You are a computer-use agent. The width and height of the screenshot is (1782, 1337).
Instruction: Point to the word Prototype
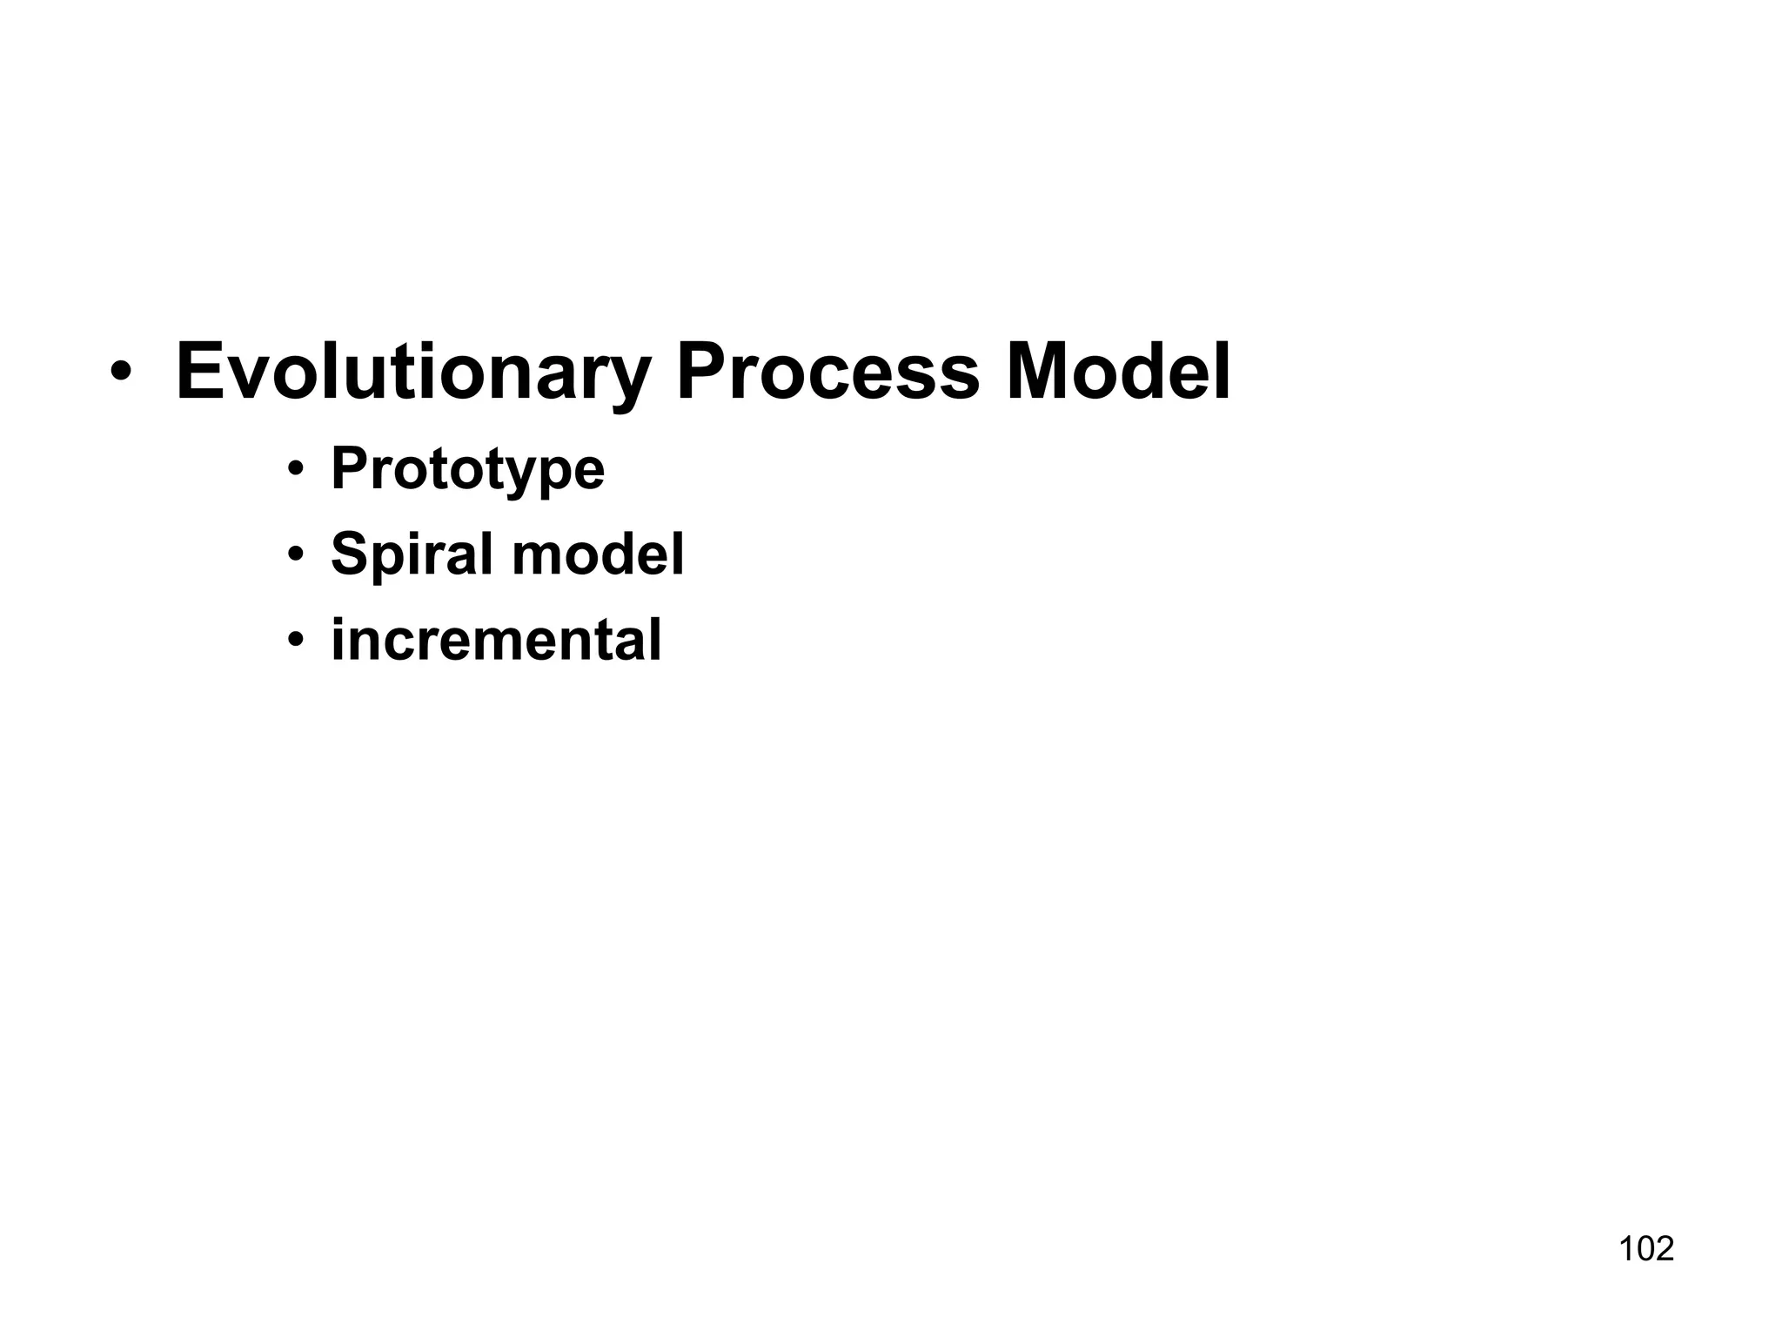coord(467,470)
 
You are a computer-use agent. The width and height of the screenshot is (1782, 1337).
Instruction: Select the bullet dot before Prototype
coord(296,470)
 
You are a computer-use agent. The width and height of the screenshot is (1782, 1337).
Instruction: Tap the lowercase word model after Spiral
coord(598,554)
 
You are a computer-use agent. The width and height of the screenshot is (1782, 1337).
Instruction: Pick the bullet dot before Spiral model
coord(296,554)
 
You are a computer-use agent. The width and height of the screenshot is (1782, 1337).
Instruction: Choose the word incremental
coord(496,640)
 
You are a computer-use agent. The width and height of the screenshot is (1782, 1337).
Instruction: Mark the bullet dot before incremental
coord(296,640)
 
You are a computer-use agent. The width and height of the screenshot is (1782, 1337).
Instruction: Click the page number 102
coord(1646,1249)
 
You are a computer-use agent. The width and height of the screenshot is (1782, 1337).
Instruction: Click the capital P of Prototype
coord(348,468)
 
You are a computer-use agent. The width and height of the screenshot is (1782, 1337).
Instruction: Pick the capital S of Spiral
coord(349,554)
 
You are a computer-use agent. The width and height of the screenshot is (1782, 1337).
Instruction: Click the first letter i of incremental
coord(338,640)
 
